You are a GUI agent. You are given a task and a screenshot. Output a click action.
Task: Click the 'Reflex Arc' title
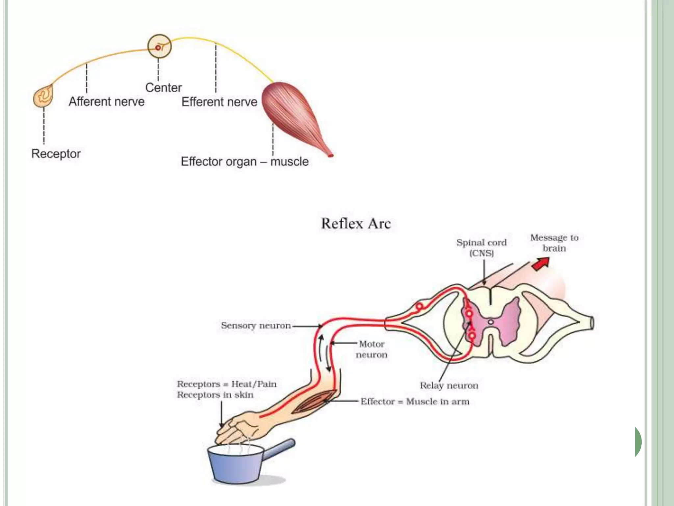coord(356,224)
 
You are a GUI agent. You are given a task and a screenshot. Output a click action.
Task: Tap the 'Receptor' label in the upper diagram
coord(56,154)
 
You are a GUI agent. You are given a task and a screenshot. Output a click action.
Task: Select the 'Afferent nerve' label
coord(107,101)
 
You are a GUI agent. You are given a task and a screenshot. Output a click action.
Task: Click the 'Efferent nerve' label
coord(219,102)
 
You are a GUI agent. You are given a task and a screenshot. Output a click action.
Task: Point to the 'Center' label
coord(164,88)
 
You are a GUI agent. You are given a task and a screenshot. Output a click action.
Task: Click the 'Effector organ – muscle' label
coord(245,161)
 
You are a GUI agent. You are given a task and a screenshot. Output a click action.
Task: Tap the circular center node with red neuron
coord(159,46)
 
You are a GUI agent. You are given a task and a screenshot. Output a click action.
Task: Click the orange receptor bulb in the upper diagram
coord(43,96)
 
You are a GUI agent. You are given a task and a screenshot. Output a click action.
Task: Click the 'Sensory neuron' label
coord(256,325)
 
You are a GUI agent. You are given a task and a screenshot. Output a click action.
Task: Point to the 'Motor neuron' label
coord(372,349)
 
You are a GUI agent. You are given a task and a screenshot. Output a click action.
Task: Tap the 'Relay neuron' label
coord(449,385)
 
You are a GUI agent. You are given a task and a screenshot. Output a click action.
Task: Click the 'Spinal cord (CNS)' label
coord(481,248)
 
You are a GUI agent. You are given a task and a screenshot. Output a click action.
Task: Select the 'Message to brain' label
coord(554,243)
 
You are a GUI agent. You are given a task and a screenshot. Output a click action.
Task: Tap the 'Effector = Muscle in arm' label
coord(415,402)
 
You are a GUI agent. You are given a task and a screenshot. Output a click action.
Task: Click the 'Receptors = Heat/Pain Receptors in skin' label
coord(226,389)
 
